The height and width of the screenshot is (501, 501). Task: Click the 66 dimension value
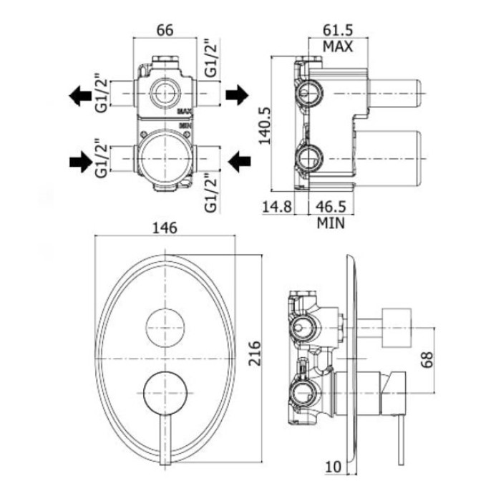pos(165,30)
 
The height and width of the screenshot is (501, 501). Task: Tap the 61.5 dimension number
pos(338,30)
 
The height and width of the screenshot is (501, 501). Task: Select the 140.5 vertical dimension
pos(265,125)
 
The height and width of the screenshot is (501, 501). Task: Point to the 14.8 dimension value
pos(277,206)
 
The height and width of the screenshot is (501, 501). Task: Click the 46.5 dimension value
pos(331,206)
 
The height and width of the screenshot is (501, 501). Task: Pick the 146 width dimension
pos(165,228)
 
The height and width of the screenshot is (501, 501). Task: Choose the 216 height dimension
pos(255,354)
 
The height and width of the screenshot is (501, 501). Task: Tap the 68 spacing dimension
pos(427,359)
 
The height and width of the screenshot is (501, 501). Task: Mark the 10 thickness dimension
pos(334,467)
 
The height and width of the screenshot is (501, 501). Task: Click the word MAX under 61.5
pos(338,47)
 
